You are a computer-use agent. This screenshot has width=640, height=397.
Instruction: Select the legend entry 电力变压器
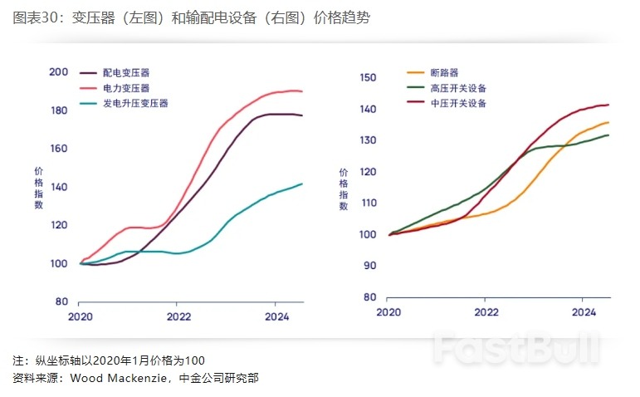pos(126,88)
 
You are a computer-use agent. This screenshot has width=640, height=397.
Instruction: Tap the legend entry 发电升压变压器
pos(134,103)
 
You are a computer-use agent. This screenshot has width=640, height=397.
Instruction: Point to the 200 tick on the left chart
pos(58,72)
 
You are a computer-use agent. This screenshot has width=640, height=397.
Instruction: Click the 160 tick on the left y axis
pos(58,149)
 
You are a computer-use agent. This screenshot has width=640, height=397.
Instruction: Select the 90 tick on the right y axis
pos(370,266)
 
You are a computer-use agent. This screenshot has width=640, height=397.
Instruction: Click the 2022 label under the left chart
pos(178,316)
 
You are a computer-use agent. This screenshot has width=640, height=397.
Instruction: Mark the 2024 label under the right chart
pos(584,312)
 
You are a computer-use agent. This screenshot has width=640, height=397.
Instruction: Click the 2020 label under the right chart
pos(388,312)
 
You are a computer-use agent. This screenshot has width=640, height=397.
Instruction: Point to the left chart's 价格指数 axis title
pos(38,187)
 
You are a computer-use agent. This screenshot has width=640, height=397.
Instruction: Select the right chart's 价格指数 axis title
pos(344,189)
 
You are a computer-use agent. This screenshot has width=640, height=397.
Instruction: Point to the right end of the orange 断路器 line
pos(608,122)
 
